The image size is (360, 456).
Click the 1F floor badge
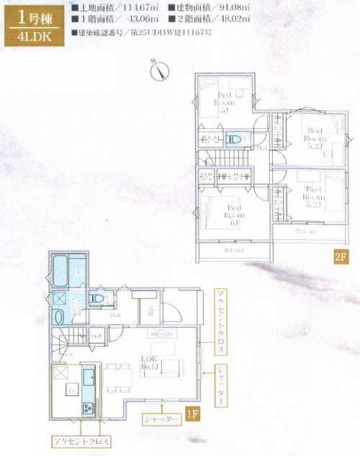pyautogui.click(x=192, y=415)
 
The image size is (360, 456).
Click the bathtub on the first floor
pyautogui.click(x=60, y=271)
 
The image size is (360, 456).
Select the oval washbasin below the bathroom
pyautogui.click(x=59, y=317)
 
